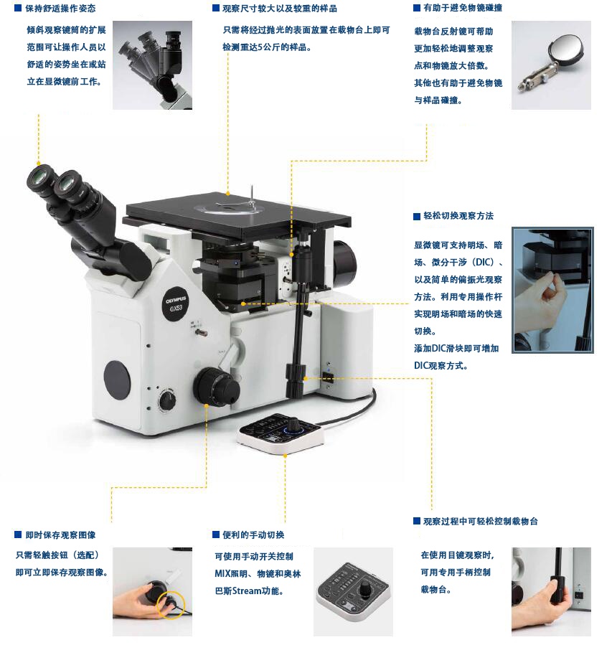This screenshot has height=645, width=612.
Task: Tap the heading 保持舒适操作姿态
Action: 60,9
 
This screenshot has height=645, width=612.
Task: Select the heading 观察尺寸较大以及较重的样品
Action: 280,9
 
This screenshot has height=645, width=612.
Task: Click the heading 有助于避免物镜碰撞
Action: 463,8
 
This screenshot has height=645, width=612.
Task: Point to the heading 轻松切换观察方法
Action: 458,216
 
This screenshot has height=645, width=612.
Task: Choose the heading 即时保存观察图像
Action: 60,535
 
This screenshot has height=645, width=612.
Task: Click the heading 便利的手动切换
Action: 253,535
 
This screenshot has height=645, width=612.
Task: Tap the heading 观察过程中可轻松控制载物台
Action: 481,522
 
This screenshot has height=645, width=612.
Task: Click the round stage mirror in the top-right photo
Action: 565,48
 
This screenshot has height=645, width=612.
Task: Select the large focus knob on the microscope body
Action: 217,387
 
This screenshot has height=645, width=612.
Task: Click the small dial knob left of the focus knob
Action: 167,400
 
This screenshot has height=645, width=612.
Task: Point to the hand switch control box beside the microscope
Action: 281,434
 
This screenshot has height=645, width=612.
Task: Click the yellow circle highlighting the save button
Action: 171,604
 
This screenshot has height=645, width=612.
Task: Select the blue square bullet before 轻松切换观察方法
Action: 417,217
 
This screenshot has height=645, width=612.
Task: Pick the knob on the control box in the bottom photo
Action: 364,589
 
